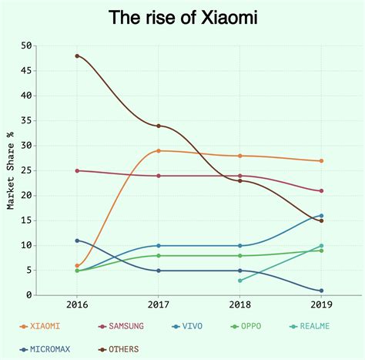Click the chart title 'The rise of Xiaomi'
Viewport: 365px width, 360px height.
182,16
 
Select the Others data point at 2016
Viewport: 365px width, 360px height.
77,56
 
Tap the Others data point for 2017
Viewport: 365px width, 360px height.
159,126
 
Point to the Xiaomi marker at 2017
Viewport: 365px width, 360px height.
159,150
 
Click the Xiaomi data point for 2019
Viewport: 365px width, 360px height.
321,160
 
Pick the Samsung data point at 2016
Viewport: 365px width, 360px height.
77,170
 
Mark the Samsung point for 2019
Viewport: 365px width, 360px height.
321,190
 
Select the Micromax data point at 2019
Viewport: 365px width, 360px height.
321,291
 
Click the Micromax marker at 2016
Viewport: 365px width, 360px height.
77,241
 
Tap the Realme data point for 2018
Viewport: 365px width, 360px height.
240,281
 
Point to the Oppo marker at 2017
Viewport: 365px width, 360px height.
159,255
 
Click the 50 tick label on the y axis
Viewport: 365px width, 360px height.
26,45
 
